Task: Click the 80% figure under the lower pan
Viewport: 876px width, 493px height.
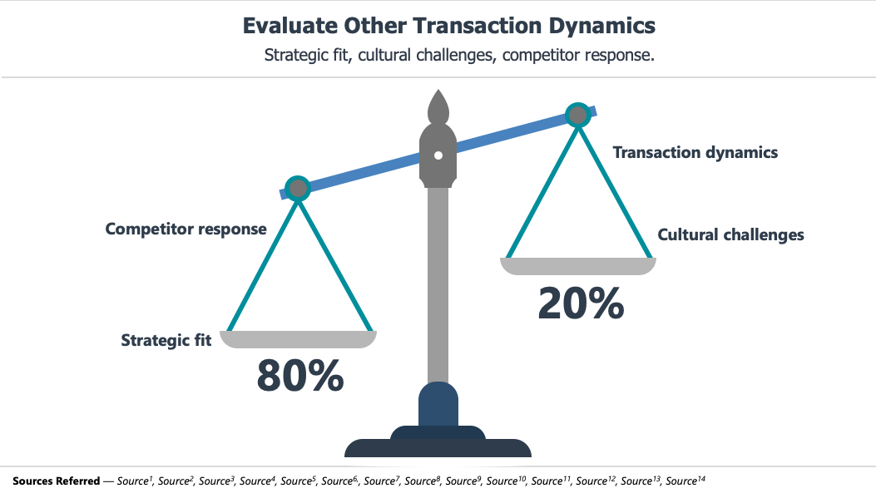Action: [x=300, y=375]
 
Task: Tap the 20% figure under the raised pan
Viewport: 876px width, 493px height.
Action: [x=581, y=303]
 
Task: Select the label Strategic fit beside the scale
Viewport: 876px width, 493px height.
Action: [x=166, y=341]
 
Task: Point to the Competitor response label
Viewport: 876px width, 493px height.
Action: [x=186, y=229]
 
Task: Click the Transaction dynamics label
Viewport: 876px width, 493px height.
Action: [x=695, y=152]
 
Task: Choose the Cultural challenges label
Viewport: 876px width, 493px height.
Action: [x=730, y=234]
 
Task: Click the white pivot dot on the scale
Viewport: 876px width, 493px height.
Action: [x=438, y=155]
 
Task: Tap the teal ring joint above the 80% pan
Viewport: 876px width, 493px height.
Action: [x=298, y=189]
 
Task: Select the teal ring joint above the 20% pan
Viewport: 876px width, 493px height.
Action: [x=578, y=116]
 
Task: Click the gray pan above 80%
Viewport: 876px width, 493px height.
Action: [x=299, y=339]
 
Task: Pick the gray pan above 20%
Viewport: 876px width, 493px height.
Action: [x=578, y=266]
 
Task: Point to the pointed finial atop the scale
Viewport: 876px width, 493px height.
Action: [x=438, y=106]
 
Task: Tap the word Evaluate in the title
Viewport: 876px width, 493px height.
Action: [x=290, y=26]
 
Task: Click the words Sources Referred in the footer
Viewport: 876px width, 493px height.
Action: [x=56, y=481]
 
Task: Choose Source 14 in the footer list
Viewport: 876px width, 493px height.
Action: [x=685, y=481]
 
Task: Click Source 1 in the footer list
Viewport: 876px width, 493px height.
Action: [x=135, y=481]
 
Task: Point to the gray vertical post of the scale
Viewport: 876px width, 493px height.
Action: [x=438, y=285]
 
